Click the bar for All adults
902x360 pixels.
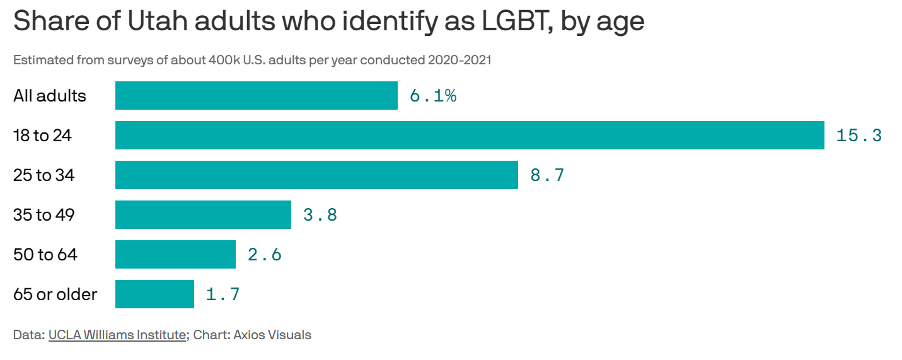coord(256,96)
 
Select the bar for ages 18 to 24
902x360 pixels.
coord(470,136)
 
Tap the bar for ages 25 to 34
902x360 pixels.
coord(316,175)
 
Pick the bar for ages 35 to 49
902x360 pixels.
coord(203,215)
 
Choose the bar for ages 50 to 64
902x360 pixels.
coord(175,255)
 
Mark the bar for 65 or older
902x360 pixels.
coord(154,294)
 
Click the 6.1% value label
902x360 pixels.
coord(432,96)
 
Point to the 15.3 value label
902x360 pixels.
coord(859,136)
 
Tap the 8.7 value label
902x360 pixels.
coord(547,175)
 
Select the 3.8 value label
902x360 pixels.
coord(320,215)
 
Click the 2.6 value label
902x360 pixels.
coord(264,255)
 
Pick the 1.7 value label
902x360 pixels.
coord(223,294)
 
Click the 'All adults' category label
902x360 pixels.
coord(50,96)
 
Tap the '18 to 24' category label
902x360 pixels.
coord(42,136)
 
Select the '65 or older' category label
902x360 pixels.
coord(55,294)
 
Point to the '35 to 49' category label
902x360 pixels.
coord(44,215)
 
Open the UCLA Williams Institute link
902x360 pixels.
coord(117,335)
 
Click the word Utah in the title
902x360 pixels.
coord(157,21)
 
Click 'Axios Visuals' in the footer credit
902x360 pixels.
coord(272,335)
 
